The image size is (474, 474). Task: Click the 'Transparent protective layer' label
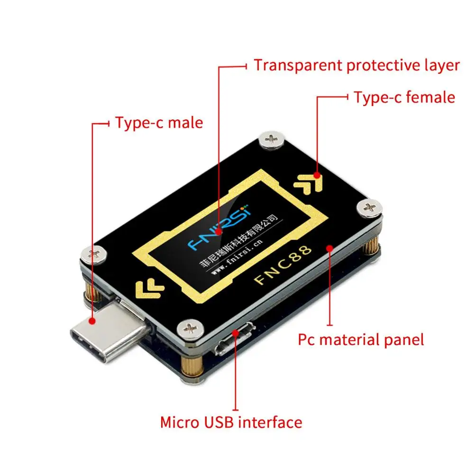(356, 65)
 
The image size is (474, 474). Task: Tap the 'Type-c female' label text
(404, 97)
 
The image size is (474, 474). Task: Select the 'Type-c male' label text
(159, 123)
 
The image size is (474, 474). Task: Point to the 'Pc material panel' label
(361, 339)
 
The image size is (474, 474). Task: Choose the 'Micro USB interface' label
(231, 422)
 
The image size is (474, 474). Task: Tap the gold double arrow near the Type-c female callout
(309, 183)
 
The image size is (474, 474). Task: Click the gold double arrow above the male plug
(149, 287)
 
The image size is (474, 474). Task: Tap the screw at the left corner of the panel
(94, 255)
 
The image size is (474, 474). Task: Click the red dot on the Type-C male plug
(93, 321)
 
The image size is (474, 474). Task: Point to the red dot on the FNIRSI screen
(219, 232)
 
